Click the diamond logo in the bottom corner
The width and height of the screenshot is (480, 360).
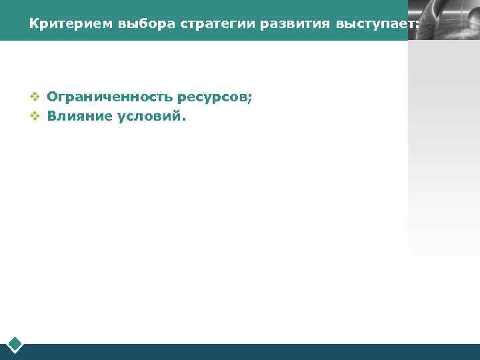pos(15,344)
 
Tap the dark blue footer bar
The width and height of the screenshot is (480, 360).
pos(253,351)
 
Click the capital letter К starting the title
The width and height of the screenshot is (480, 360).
pos(33,24)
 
